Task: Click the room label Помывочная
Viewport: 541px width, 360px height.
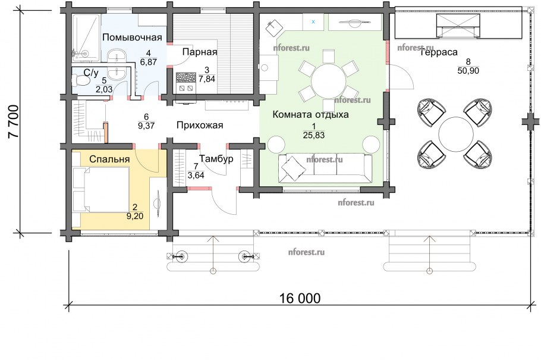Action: click(x=132, y=37)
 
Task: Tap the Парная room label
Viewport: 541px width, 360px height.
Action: click(x=200, y=52)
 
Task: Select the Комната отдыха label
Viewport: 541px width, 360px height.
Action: click(x=310, y=114)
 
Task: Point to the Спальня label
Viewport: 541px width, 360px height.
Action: click(x=109, y=159)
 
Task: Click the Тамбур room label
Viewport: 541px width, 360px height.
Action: click(x=216, y=159)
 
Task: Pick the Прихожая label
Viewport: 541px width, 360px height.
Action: click(x=200, y=125)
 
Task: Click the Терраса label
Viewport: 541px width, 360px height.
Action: click(x=439, y=52)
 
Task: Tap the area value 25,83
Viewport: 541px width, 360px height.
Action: click(x=314, y=136)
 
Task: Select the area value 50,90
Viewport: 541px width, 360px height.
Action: click(x=468, y=71)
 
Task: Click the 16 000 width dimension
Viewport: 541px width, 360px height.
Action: click(x=300, y=298)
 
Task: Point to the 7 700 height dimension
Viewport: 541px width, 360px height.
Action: click(x=14, y=121)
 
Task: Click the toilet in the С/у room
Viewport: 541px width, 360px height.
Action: click(x=81, y=80)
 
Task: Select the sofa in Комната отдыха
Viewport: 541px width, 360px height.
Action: click(x=325, y=168)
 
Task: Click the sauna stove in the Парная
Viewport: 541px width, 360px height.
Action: click(x=186, y=82)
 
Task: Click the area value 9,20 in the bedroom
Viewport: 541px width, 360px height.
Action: click(x=135, y=216)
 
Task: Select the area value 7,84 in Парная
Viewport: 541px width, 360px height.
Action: click(x=207, y=79)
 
